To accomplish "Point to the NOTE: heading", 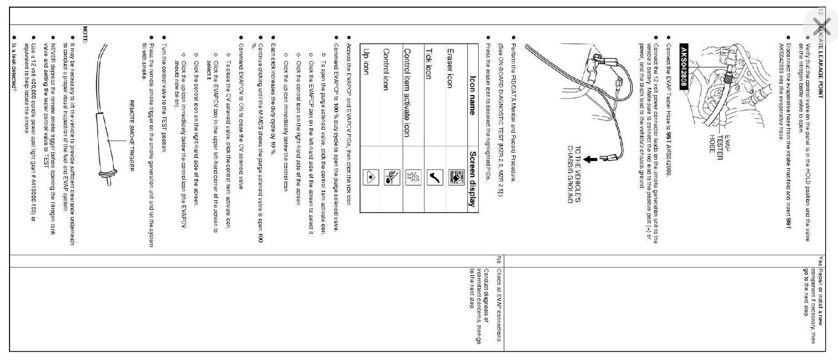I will pos(86,32).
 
